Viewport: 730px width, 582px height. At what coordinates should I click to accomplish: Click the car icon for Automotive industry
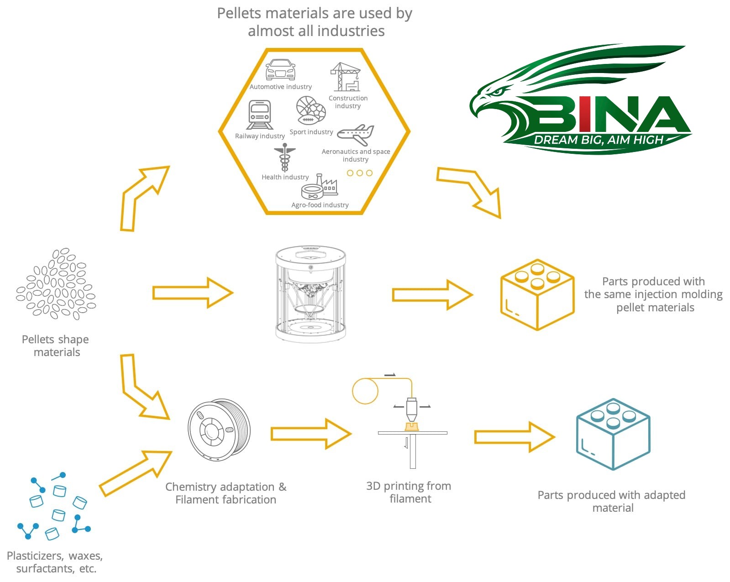280,70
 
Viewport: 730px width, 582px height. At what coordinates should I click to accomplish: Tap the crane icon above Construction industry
346,77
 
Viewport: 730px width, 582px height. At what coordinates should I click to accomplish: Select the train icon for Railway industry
259,115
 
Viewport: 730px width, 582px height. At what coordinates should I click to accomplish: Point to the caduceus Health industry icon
284,157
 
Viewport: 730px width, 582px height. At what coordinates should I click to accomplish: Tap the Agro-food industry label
320,205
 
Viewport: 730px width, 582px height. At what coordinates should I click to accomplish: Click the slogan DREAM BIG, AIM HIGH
599,140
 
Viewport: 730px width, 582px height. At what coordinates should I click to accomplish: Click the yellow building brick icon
537,294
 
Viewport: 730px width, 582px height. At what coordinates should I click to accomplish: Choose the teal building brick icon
613,434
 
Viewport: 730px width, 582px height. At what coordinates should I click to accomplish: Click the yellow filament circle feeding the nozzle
365,391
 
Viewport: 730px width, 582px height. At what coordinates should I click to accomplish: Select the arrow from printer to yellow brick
432,295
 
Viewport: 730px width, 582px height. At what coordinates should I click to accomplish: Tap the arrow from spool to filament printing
310,434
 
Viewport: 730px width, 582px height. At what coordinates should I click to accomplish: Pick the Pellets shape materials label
56,346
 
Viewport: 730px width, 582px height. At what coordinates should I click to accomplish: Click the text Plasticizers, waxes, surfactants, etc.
55,562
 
